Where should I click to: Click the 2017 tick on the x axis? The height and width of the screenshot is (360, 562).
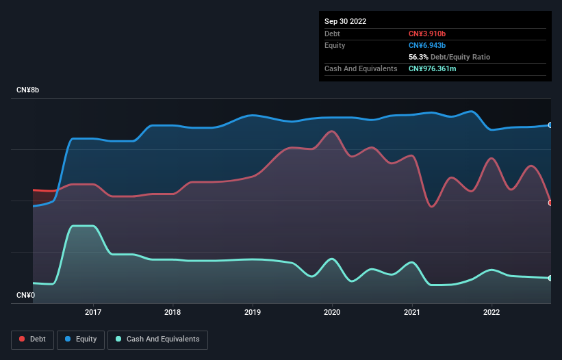pyautogui.click(x=93, y=312)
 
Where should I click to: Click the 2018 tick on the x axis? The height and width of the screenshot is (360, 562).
pyautogui.click(x=173, y=312)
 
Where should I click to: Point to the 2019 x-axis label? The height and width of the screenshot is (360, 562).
pyautogui.click(x=253, y=312)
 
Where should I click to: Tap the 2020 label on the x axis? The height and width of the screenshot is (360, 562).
pyautogui.click(x=332, y=312)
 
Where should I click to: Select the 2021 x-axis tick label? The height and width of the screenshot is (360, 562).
pyautogui.click(x=412, y=312)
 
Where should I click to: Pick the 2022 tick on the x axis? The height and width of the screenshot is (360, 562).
pyautogui.click(x=491, y=312)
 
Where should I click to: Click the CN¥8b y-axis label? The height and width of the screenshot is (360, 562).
pyautogui.click(x=28, y=90)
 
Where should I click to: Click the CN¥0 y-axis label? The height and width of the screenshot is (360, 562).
pyautogui.click(x=25, y=296)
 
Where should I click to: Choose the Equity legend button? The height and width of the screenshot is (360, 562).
pyautogui.click(x=81, y=339)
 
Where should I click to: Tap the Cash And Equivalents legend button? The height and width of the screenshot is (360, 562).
pyautogui.click(x=157, y=339)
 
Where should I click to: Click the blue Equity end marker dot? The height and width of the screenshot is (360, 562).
pyautogui.click(x=550, y=125)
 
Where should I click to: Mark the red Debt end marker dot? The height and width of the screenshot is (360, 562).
pyautogui.click(x=550, y=203)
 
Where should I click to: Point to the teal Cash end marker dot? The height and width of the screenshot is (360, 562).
pyautogui.click(x=550, y=278)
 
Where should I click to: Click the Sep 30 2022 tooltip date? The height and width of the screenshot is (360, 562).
pyautogui.click(x=345, y=21)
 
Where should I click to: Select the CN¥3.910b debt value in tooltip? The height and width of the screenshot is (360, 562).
pyautogui.click(x=428, y=34)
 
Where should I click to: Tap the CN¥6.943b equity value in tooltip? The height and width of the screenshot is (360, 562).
pyautogui.click(x=428, y=45)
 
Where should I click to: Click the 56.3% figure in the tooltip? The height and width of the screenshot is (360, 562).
pyautogui.click(x=418, y=57)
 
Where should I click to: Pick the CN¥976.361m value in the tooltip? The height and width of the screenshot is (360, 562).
pyautogui.click(x=437, y=68)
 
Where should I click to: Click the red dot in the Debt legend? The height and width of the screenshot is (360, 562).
pyautogui.click(x=23, y=339)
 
